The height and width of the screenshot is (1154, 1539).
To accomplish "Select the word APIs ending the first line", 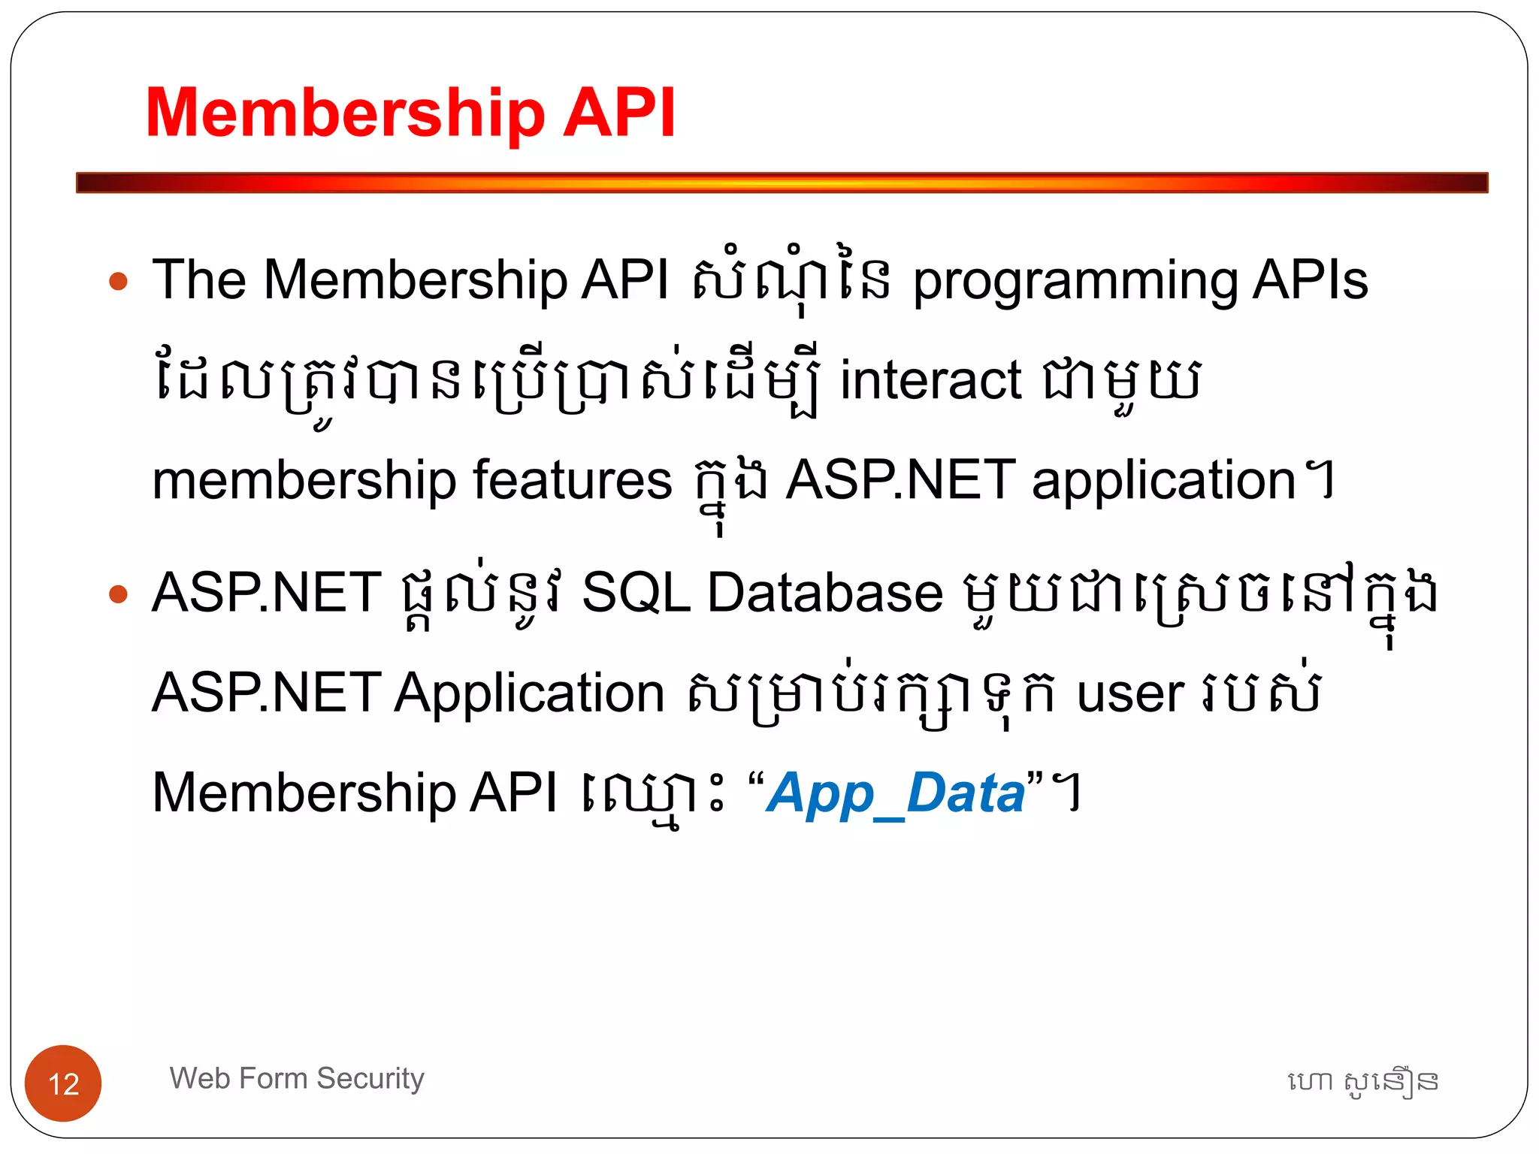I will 1311,279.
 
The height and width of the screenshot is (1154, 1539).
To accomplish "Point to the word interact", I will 930,380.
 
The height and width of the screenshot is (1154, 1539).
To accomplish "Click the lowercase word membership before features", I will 304,481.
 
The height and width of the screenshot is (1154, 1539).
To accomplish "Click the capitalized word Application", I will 529,693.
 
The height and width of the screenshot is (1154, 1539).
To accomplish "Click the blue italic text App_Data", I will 896,793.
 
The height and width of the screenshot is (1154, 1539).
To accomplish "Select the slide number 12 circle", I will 63,1083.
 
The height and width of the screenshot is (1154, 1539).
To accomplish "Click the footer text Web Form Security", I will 297,1078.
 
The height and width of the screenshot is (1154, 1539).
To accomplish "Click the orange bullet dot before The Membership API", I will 119,282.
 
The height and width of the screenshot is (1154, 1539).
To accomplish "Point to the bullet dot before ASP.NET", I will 119,594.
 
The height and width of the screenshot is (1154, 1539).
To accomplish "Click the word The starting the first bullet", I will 199,279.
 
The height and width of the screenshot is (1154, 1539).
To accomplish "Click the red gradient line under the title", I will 782,183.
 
